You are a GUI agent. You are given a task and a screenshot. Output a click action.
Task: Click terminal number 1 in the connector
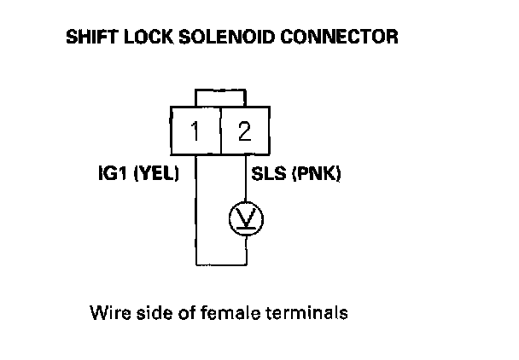[196, 131]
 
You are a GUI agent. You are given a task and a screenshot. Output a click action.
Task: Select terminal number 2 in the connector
[245, 131]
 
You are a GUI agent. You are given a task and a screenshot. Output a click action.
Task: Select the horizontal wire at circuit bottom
[221, 264]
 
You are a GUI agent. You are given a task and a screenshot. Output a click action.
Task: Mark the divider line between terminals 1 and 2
[221, 131]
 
